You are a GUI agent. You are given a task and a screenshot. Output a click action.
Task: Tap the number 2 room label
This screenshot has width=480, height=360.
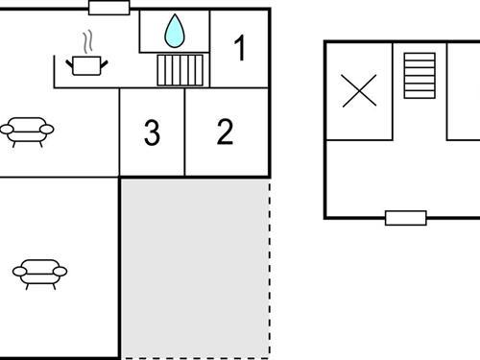[x=225, y=132]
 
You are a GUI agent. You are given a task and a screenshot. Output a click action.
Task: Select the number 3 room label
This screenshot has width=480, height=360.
[x=152, y=133]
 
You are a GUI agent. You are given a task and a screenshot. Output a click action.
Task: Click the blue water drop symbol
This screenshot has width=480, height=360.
[x=174, y=31]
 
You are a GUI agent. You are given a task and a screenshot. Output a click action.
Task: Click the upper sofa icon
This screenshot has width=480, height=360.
[x=27, y=131]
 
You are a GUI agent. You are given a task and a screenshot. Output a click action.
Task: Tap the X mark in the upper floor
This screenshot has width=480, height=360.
[x=359, y=91]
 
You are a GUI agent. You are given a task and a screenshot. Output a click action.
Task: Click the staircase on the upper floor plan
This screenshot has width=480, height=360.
[x=420, y=75]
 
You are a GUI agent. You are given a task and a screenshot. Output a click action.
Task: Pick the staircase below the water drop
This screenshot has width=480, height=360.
[x=180, y=69]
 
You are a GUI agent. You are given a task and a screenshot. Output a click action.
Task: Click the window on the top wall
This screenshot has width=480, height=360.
[x=108, y=8]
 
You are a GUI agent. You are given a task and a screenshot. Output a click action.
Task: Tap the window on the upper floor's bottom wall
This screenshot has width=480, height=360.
[x=406, y=217]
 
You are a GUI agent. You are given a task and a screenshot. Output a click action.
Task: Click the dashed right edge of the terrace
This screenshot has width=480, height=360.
[x=270, y=269]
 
